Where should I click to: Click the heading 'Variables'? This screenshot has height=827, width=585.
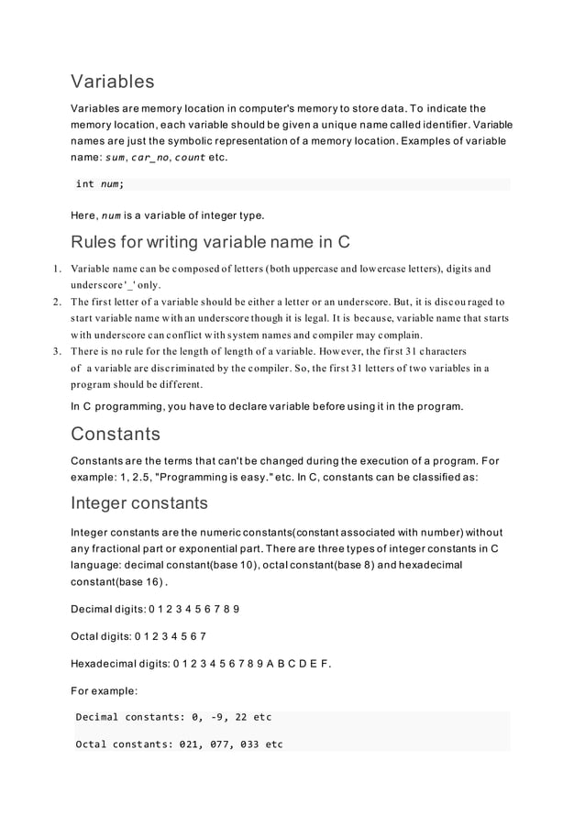click(x=112, y=83)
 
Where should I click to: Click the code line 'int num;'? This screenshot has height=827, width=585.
click(x=100, y=184)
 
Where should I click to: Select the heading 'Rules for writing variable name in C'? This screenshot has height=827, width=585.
click(x=210, y=243)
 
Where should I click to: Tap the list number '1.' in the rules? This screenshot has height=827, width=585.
click(x=56, y=269)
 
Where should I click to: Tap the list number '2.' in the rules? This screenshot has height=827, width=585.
click(x=56, y=302)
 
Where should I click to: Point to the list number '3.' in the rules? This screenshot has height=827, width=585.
click(x=56, y=351)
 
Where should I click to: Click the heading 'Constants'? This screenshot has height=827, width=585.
click(x=116, y=433)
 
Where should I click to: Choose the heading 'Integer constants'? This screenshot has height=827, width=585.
click(x=139, y=502)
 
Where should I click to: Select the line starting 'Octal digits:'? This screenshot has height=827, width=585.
click(x=138, y=635)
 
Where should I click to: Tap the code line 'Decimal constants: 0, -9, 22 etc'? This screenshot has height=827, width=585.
click(x=173, y=717)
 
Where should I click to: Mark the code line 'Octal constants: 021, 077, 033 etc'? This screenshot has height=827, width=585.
click(x=179, y=744)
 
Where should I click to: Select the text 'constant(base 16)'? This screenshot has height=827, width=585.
click(x=117, y=581)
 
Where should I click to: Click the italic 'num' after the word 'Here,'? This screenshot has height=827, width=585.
click(x=111, y=216)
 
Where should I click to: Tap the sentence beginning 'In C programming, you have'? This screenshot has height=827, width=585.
click(x=267, y=405)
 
